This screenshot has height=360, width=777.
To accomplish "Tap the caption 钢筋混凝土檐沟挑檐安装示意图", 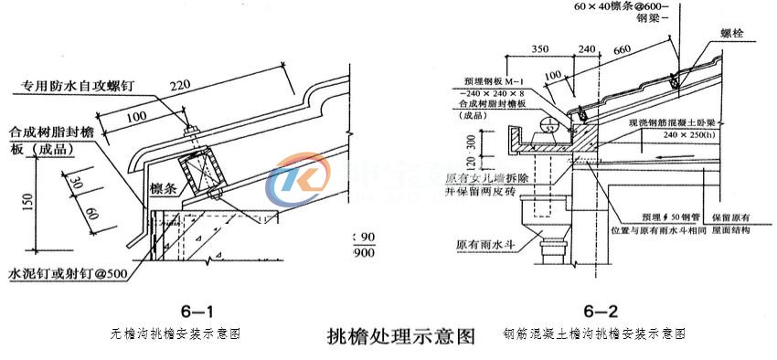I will point(594,334).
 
